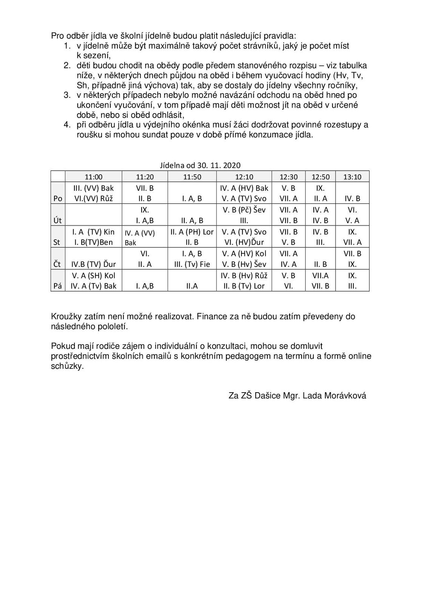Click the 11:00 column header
(94, 177)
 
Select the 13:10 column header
(352, 177)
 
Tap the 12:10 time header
(244, 177)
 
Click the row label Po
(58, 199)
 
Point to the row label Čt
(57, 264)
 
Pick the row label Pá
(57, 286)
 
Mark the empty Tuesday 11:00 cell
(94, 215)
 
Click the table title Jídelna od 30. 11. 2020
(200, 165)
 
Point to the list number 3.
(67, 95)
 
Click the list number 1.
(67, 46)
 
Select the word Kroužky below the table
(65, 316)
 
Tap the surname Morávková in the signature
(345, 396)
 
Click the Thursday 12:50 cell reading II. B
(320, 264)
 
